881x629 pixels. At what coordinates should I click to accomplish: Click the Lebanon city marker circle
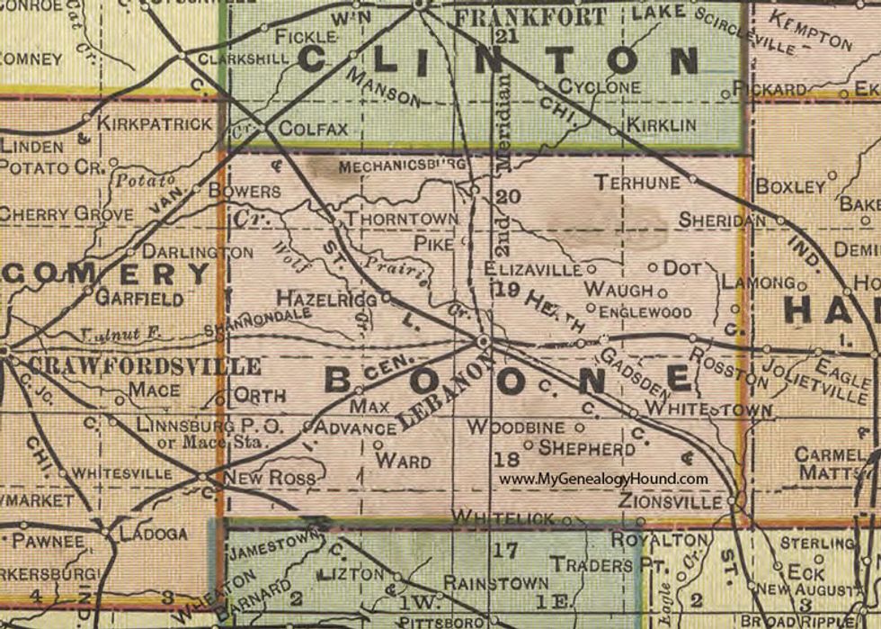coord(484,342)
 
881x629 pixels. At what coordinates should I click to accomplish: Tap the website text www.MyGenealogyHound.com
coord(603,480)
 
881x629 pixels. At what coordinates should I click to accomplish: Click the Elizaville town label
coord(532,268)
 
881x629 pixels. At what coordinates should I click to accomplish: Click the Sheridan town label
coord(722,220)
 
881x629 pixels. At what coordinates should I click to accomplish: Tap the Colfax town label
coord(313,129)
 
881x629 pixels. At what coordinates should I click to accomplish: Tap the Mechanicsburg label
coord(401,166)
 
